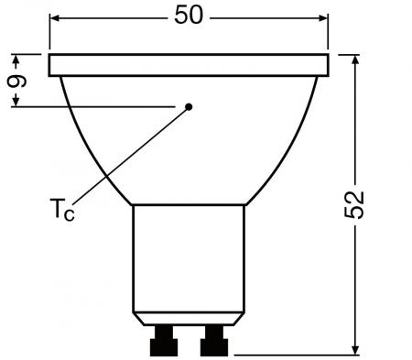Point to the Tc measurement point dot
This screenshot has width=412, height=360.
[189, 106]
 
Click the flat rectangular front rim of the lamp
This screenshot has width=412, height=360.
[189, 64]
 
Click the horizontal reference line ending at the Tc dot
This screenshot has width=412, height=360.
[101, 107]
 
